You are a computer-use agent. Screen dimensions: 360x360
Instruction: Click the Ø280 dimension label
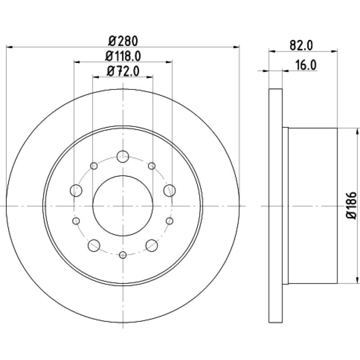[x=123, y=41]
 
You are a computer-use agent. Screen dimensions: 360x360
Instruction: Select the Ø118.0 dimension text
[x=123, y=56]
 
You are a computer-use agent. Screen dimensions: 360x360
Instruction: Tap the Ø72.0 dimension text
[x=123, y=71]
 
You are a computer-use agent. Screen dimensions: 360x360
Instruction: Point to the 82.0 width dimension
[x=301, y=45]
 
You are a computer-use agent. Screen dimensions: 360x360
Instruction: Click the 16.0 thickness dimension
[x=306, y=65]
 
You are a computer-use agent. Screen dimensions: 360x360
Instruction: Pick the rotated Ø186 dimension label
[x=351, y=206]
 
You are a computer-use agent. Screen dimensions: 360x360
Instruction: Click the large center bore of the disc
[x=123, y=206]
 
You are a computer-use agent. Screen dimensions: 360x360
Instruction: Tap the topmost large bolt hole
[x=123, y=157]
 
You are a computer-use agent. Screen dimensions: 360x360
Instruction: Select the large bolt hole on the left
[x=76, y=190]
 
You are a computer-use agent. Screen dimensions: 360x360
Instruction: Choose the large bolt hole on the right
[x=170, y=190]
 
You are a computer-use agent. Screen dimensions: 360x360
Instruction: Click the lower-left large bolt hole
[x=94, y=245]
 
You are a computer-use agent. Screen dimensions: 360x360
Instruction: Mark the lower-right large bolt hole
[x=152, y=245]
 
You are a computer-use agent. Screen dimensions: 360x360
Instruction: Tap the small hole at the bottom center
[x=123, y=255]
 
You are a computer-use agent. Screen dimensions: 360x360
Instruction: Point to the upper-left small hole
[x=94, y=166]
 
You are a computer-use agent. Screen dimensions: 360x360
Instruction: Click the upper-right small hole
[x=152, y=166]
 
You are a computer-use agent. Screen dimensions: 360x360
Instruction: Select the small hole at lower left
[x=76, y=221]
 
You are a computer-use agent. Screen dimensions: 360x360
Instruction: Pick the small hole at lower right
[x=170, y=221]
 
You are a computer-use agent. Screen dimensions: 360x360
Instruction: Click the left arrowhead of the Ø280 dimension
[x=9, y=47]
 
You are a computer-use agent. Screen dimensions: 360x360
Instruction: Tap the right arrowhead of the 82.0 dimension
[x=334, y=51]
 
